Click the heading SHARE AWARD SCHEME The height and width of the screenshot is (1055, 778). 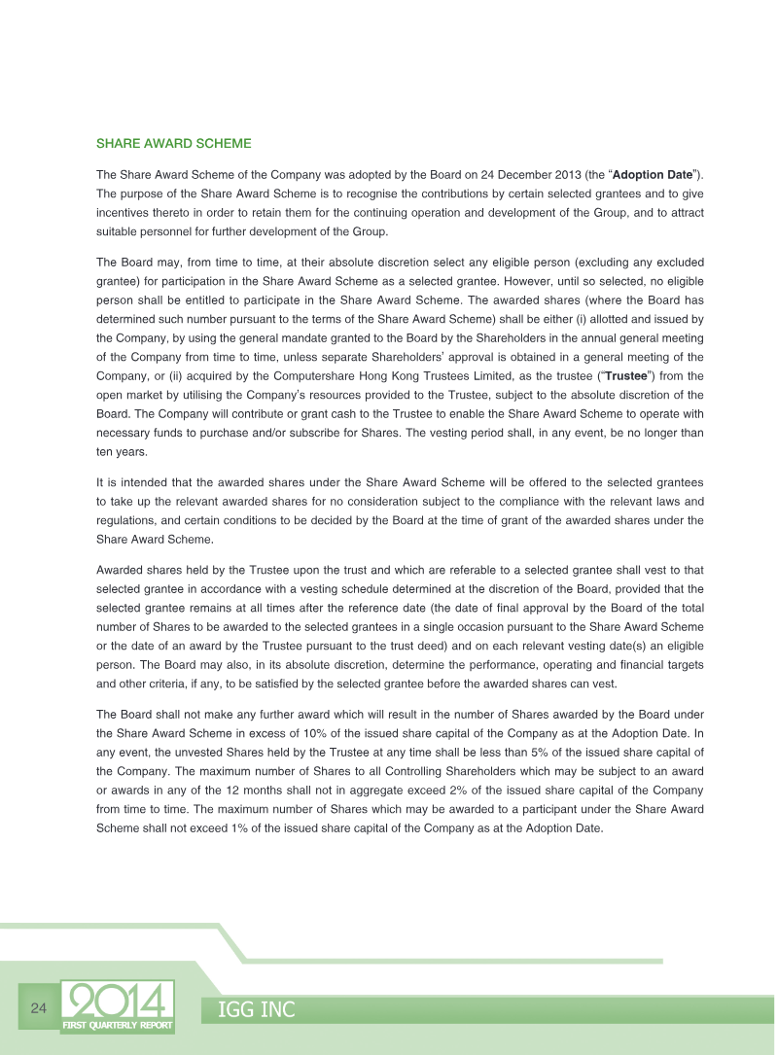pyautogui.click(x=174, y=143)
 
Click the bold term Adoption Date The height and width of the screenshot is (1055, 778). pyautogui.click(x=652, y=175)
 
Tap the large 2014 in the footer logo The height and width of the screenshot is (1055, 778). pyautogui.click(x=118, y=1001)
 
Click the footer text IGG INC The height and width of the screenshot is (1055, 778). pyautogui.click(x=255, y=1010)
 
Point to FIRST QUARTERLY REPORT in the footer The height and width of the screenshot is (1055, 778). pyautogui.click(x=118, y=1027)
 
